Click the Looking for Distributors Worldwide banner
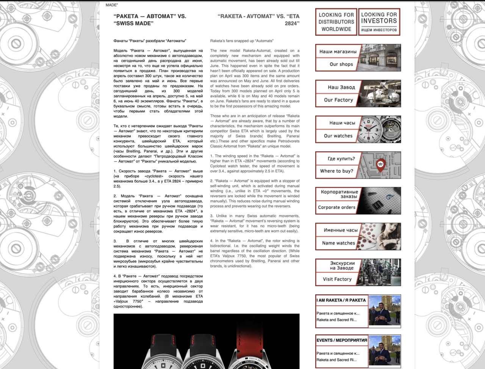coord(336,22)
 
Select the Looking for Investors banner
coord(379,22)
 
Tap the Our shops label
coord(341,64)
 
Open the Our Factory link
coord(338,100)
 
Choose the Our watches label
coord(338,136)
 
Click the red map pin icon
coord(380,164)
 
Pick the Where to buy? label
coord(336,171)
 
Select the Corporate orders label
coord(336,207)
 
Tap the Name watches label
coord(338,243)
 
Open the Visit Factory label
coord(337,279)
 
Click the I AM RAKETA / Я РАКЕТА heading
coord(341,300)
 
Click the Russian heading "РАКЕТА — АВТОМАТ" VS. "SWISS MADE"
coord(150,20)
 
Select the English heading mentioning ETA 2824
coord(258,20)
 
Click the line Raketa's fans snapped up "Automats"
coord(242,41)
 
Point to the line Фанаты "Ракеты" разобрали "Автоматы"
coord(150,41)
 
